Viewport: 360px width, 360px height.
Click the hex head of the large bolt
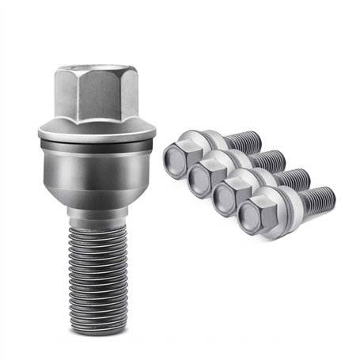point(96,94)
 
